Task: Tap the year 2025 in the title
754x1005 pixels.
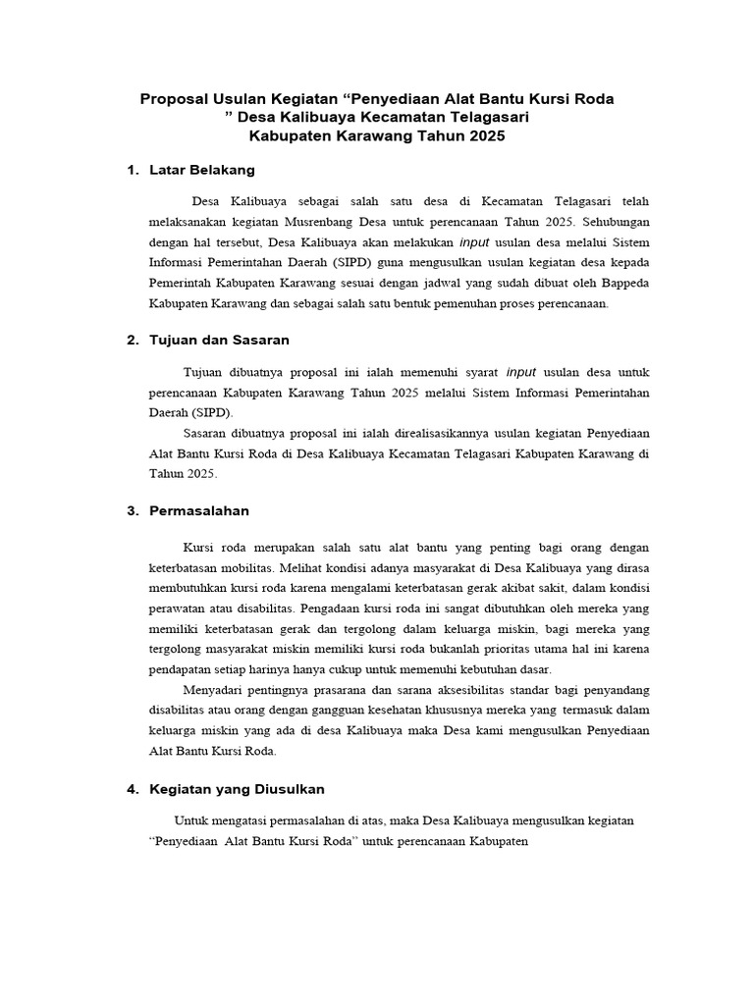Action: coord(486,136)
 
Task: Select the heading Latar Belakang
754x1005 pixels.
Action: coord(202,170)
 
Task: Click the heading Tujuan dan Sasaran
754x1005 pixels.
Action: coord(219,340)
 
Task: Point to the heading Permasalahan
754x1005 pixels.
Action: coord(199,510)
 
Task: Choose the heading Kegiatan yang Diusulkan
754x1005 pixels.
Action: coord(237,788)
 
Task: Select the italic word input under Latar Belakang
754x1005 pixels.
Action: coord(476,242)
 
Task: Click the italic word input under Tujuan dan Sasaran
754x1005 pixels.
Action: coord(522,372)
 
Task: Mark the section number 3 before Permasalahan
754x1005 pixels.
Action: coord(132,510)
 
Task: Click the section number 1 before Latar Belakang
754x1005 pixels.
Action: coord(132,170)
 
